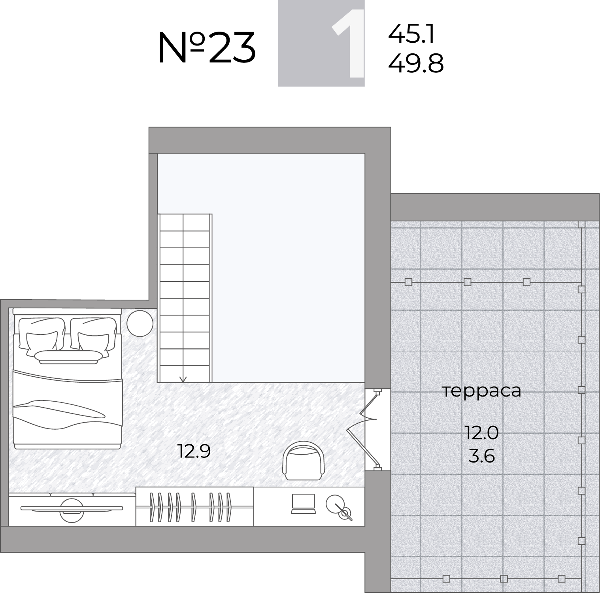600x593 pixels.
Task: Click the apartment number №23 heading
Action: pos(207,48)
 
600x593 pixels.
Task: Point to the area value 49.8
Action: pos(416,63)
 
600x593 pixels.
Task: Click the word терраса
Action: pos(481,391)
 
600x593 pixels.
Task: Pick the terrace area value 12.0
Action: pos(481,433)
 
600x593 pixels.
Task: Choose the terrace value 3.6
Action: pos(481,456)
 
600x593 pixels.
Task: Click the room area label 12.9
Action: pos(194,451)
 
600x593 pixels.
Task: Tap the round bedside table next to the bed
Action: pos(140,323)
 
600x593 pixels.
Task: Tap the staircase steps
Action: pos(185,298)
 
